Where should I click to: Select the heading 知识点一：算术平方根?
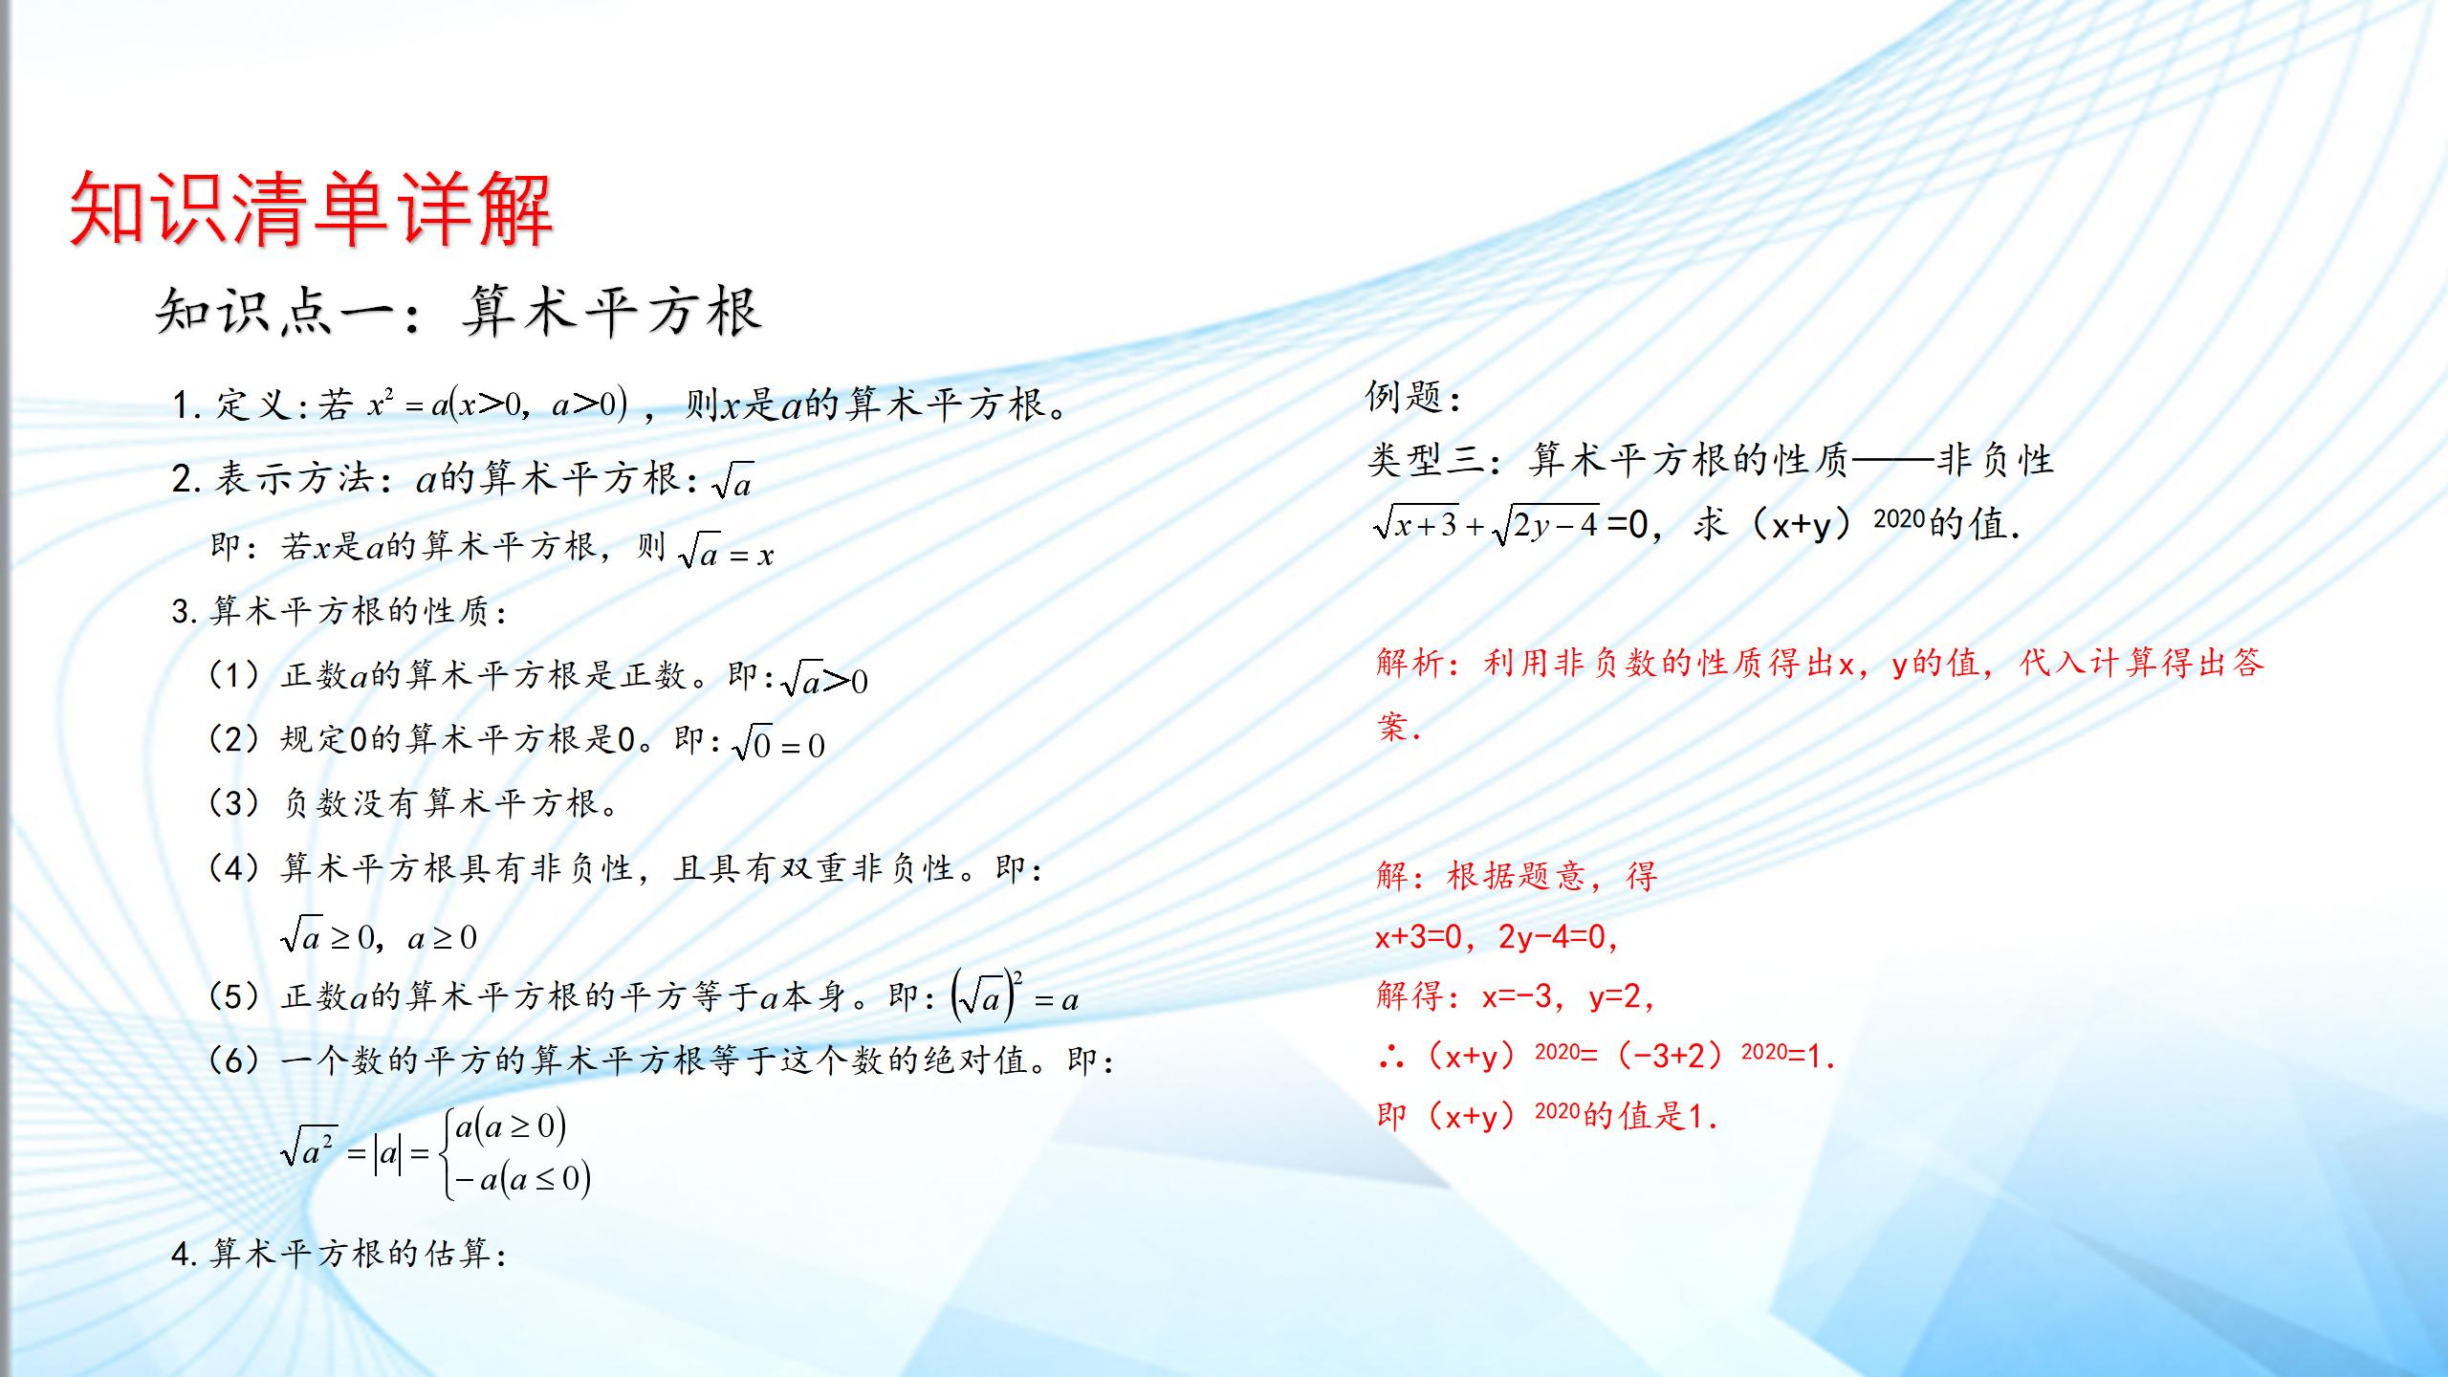459,312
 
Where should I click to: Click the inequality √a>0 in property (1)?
824,680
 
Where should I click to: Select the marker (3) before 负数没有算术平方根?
234,802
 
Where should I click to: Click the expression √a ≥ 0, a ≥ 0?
379,936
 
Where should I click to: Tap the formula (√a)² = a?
1015,997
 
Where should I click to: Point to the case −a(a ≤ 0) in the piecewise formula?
522,1179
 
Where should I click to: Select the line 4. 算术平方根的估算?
339,1253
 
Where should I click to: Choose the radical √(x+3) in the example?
1416,524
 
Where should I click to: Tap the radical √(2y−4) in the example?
1545,524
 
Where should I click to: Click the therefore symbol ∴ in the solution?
1392,1057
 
